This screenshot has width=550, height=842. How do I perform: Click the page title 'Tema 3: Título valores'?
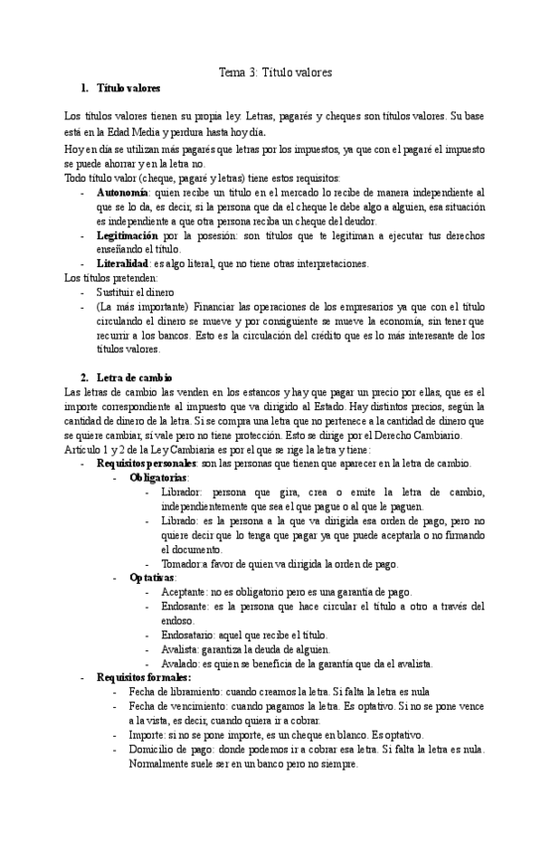click(x=275, y=72)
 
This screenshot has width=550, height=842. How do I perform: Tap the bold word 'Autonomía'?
click(x=123, y=191)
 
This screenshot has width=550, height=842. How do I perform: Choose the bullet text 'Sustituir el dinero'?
click(x=142, y=294)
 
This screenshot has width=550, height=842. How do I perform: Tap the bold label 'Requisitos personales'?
click(x=146, y=464)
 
